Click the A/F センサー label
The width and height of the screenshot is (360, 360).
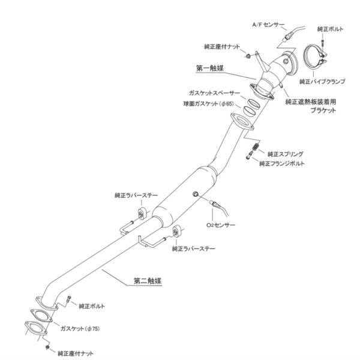268,25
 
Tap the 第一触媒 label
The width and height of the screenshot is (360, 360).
210,68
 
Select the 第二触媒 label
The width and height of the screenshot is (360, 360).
148,281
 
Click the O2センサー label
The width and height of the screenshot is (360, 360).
221,225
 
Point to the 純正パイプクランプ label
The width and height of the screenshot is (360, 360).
322,82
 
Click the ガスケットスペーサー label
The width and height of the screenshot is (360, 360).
214,93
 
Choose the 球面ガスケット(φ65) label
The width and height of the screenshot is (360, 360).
208,104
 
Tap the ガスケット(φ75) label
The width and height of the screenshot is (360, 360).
80,329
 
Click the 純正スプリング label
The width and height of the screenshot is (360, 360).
286,154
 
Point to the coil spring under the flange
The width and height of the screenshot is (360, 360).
256,146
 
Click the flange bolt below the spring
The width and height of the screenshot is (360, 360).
249,155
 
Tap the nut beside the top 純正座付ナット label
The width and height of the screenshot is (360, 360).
248,56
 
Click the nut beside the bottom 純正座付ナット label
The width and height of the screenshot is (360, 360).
47,347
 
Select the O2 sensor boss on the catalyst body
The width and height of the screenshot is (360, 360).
196,194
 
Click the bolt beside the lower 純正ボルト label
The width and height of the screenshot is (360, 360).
68,299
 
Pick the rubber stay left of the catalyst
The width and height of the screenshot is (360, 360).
142,214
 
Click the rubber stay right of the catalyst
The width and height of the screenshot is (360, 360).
176,232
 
